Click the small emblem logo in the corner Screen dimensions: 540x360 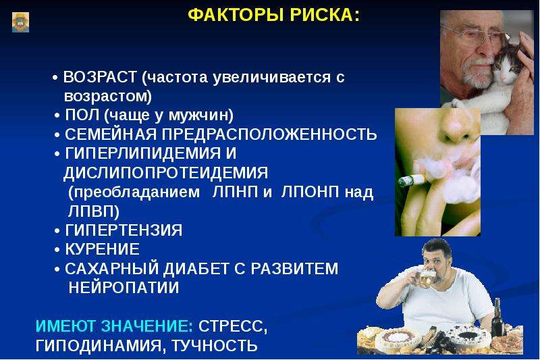21,22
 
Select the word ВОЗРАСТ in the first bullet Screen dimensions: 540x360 100,77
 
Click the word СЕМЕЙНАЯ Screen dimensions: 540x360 111,134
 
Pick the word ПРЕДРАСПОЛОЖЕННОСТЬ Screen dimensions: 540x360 269,134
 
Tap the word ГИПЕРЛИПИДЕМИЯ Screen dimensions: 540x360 143,153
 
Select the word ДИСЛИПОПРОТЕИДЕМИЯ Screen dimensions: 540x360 165,173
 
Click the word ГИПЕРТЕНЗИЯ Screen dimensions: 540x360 124,230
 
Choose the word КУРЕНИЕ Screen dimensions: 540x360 103,249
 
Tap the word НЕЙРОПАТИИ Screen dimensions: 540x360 124,287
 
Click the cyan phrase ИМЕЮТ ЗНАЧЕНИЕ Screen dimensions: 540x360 115,326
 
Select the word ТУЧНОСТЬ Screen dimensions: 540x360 214,345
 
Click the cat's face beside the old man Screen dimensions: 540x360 506,69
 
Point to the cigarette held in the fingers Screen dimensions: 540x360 414,180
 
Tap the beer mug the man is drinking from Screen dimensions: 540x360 425,278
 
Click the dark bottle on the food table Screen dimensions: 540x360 497,318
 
